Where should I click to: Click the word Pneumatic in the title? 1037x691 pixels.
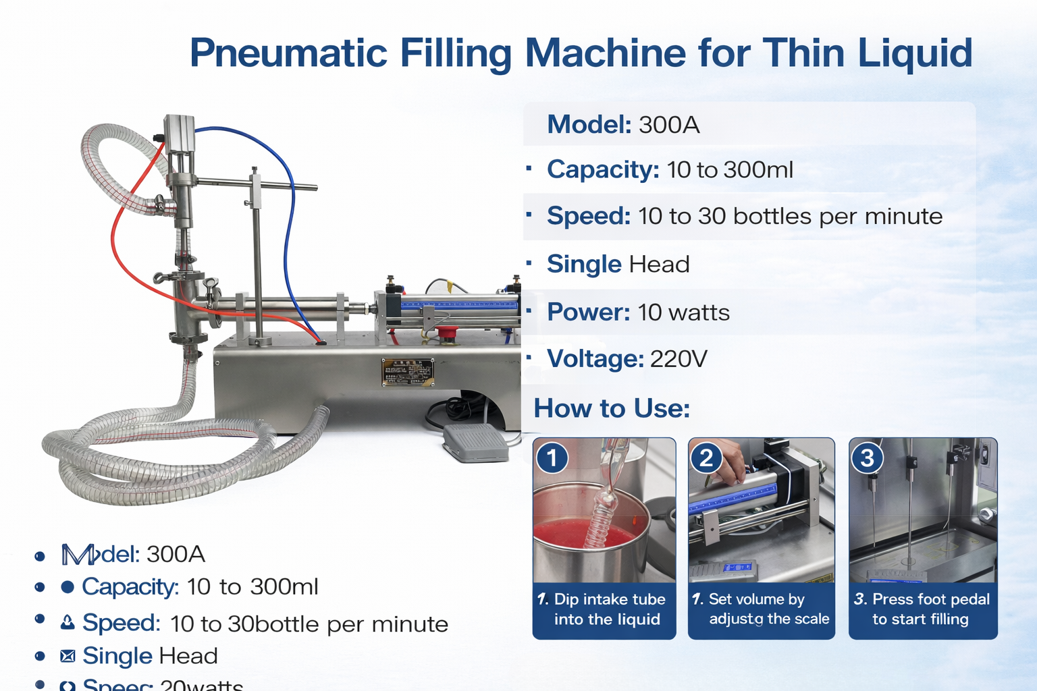click(x=288, y=53)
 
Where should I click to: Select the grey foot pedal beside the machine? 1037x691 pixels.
click(x=475, y=443)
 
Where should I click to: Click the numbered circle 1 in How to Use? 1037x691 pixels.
click(x=552, y=458)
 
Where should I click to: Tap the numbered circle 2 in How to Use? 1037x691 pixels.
click(x=706, y=458)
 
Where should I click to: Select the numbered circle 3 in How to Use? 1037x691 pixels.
click(x=868, y=458)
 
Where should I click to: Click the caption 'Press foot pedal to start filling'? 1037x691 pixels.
click(x=922, y=609)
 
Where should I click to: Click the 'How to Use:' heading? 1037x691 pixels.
click(x=612, y=409)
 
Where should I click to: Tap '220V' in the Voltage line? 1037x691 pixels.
click(x=679, y=359)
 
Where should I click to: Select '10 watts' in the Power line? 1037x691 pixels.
click(x=683, y=312)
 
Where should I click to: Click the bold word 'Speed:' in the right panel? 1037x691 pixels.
click(x=588, y=216)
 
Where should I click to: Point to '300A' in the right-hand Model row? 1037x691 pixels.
click(x=669, y=125)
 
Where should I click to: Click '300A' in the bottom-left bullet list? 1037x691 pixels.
click(x=176, y=554)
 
